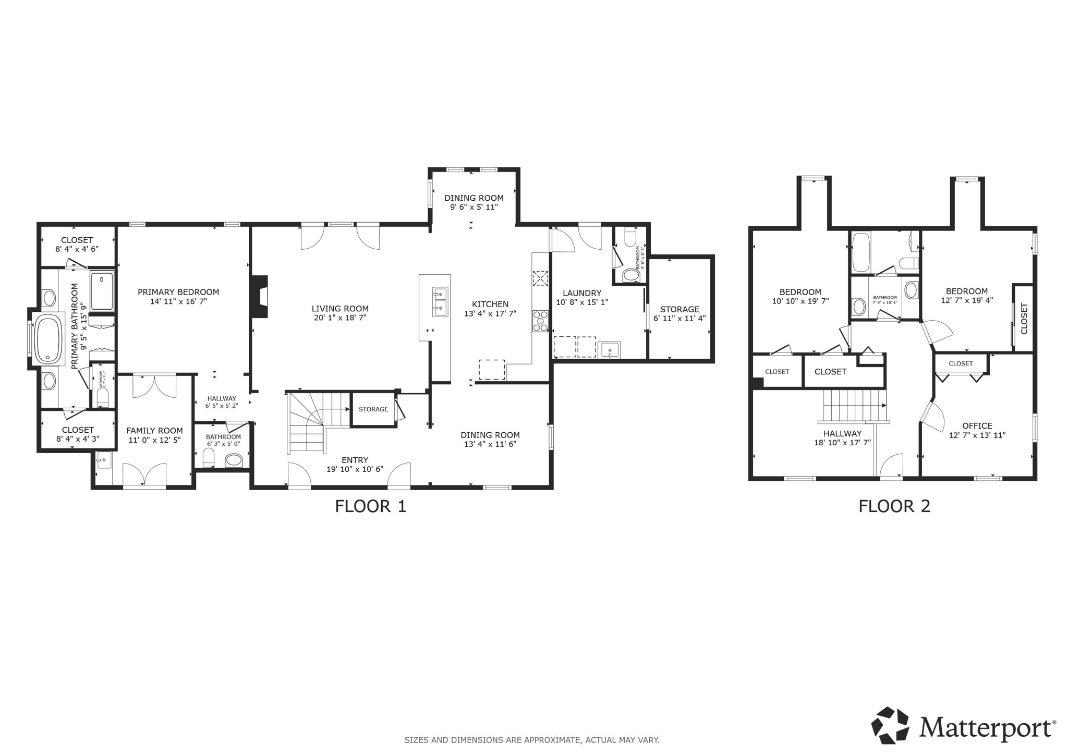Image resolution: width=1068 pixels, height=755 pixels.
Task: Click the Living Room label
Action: pyautogui.click(x=340, y=309)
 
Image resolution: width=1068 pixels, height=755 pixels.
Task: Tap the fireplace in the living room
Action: pyautogui.click(x=259, y=296)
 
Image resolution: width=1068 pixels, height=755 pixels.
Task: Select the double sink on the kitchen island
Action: pyautogui.click(x=440, y=302)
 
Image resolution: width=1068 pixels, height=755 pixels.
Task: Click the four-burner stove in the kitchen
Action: pyautogui.click(x=540, y=321)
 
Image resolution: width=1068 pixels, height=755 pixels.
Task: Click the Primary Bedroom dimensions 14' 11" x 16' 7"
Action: pyautogui.click(x=178, y=301)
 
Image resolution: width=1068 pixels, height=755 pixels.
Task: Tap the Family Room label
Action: pyautogui.click(x=154, y=431)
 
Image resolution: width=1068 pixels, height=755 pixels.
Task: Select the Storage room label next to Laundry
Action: pyautogui.click(x=679, y=309)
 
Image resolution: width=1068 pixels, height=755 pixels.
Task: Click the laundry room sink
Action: pyautogui.click(x=609, y=349)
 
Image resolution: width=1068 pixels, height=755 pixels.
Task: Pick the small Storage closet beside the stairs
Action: pyautogui.click(x=373, y=409)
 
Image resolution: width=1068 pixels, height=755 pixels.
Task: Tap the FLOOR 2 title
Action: pyautogui.click(x=894, y=506)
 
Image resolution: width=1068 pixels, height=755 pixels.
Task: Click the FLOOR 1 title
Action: pyautogui.click(x=370, y=506)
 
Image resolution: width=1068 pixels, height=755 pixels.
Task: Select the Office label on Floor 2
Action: pyautogui.click(x=977, y=426)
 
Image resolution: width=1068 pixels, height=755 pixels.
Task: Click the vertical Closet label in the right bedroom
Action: pyautogui.click(x=1024, y=319)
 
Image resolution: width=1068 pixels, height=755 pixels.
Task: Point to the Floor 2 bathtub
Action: pyautogui.click(x=861, y=252)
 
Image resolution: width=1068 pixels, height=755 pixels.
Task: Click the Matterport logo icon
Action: pyautogui.click(x=891, y=725)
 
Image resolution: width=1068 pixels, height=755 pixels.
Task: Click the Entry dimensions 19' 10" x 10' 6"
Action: pyautogui.click(x=355, y=469)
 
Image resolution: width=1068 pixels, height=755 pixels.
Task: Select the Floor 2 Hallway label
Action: pyautogui.click(x=842, y=433)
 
